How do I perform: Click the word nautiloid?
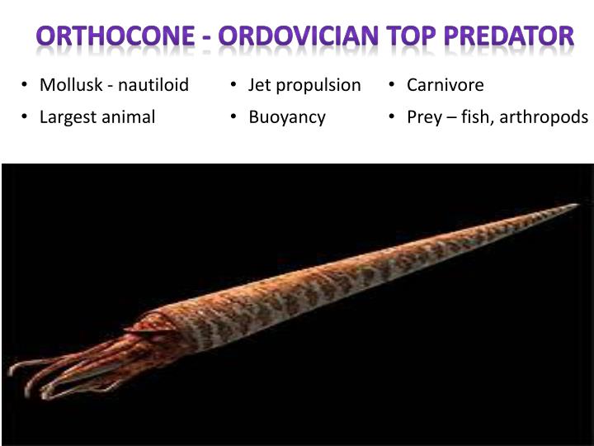(x=153, y=85)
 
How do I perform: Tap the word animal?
(x=128, y=117)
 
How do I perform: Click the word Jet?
(x=260, y=85)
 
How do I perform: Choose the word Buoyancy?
(x=287, y=117)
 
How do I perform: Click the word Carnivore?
(x=445, y=85)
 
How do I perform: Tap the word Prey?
(x=424, y=117)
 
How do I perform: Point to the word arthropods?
(x=543, y=117)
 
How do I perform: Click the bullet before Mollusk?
(x=26, y=85)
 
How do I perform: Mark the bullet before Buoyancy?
(x=235, y=117)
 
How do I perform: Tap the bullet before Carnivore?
(x=394, y=85)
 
